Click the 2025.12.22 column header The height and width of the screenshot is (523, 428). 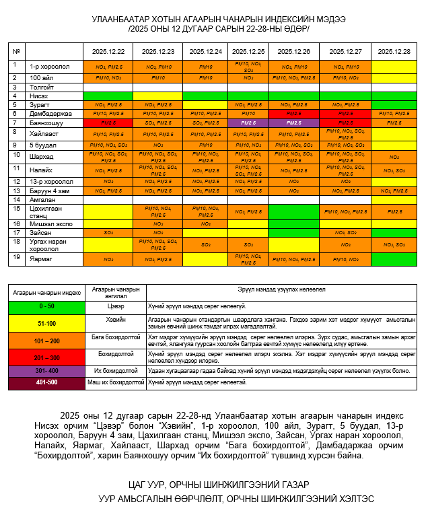point(108,52)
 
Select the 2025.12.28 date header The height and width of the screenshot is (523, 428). point(394,52)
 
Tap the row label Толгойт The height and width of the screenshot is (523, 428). point(42,88)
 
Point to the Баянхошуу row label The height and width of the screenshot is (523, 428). point(46,123)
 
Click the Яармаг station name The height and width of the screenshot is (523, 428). point(42,258)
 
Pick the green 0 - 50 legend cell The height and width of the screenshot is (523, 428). point(46,306)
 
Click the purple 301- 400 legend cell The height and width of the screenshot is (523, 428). point(46,371)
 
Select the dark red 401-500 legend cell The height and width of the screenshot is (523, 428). point(46,382)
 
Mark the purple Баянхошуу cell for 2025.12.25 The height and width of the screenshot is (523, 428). point(248,123)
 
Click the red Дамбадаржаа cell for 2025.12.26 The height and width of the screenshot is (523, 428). point(293,114)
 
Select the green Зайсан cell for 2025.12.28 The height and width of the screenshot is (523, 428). point(394,232)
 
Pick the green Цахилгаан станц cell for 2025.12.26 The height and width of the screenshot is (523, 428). point(293,211)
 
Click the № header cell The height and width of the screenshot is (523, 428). point(16,52)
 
